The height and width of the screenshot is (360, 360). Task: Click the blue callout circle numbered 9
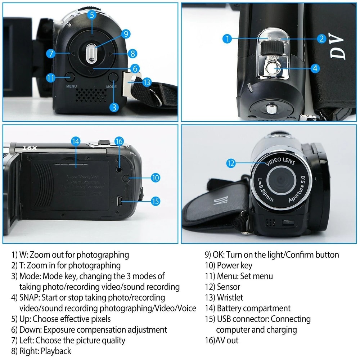[126, 34]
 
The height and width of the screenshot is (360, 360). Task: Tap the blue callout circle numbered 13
[147, 82]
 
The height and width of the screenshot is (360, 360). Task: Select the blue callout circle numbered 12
[231, 163]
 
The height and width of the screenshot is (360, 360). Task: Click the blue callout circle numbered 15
[155, 201]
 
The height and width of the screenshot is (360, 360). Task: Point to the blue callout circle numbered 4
[315, 68]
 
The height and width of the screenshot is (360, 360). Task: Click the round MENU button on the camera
[70, 76]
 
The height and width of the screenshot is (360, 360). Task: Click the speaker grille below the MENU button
[91, 94]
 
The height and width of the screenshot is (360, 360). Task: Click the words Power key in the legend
[234, 265]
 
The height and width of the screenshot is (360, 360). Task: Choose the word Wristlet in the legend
[230, 297]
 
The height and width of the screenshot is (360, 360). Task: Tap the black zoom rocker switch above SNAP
[272, 47]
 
